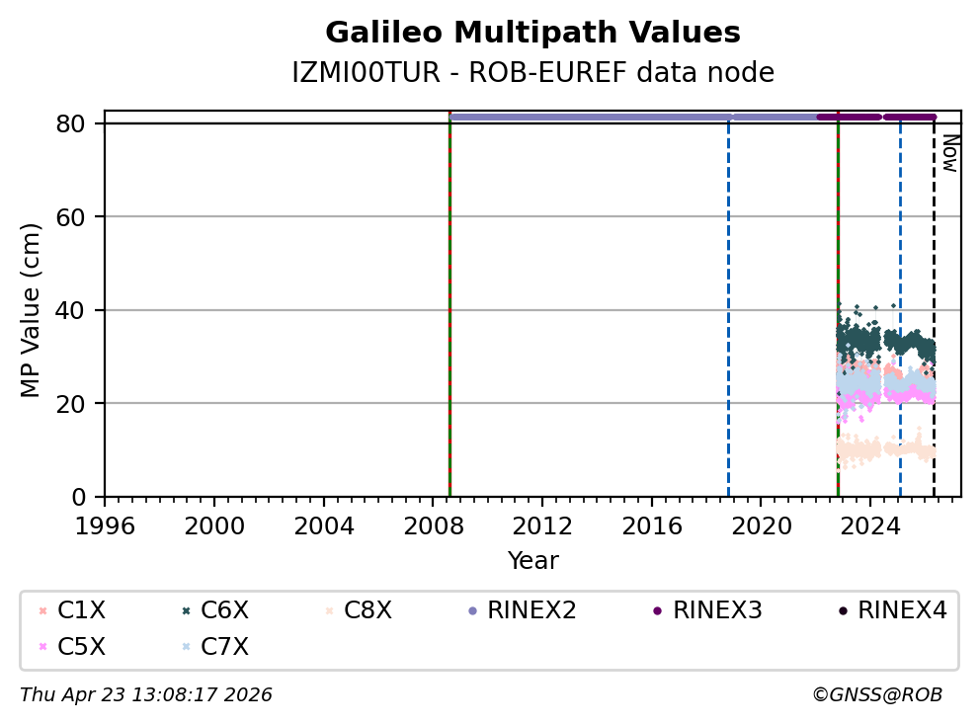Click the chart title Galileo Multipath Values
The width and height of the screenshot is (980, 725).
click(532, 33)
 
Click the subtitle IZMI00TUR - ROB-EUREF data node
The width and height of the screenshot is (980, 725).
click(532, 73)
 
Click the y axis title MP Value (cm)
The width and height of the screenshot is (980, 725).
click(32, 310)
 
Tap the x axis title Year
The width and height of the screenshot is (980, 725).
click(532, 561)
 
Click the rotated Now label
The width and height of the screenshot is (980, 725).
click(949, 153)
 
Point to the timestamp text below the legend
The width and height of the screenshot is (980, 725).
click(146, 695)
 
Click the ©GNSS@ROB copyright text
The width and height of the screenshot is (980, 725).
click(877, 695)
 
